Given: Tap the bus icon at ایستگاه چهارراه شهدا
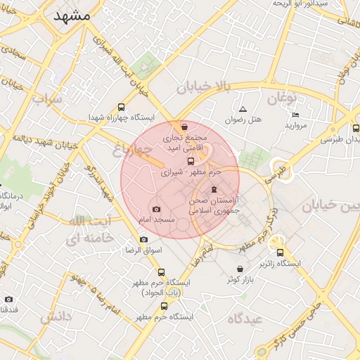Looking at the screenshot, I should click(121, 108).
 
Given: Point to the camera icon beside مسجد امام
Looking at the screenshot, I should click(156, 209).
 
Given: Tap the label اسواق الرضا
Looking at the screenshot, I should click(143, 250).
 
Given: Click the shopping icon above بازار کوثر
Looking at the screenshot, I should click(240, 269).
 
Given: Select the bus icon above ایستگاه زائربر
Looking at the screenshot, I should click(280, 252).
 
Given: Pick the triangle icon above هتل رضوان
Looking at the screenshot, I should click(243, 109).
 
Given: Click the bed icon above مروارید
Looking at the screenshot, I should click(295, 115).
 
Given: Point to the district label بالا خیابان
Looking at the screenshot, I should click(204, 87).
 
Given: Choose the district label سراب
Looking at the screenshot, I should click(47, 98).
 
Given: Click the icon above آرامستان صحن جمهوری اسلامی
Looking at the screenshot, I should click(214, 190).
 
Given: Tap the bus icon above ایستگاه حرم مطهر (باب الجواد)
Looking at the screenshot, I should click(161, 272).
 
